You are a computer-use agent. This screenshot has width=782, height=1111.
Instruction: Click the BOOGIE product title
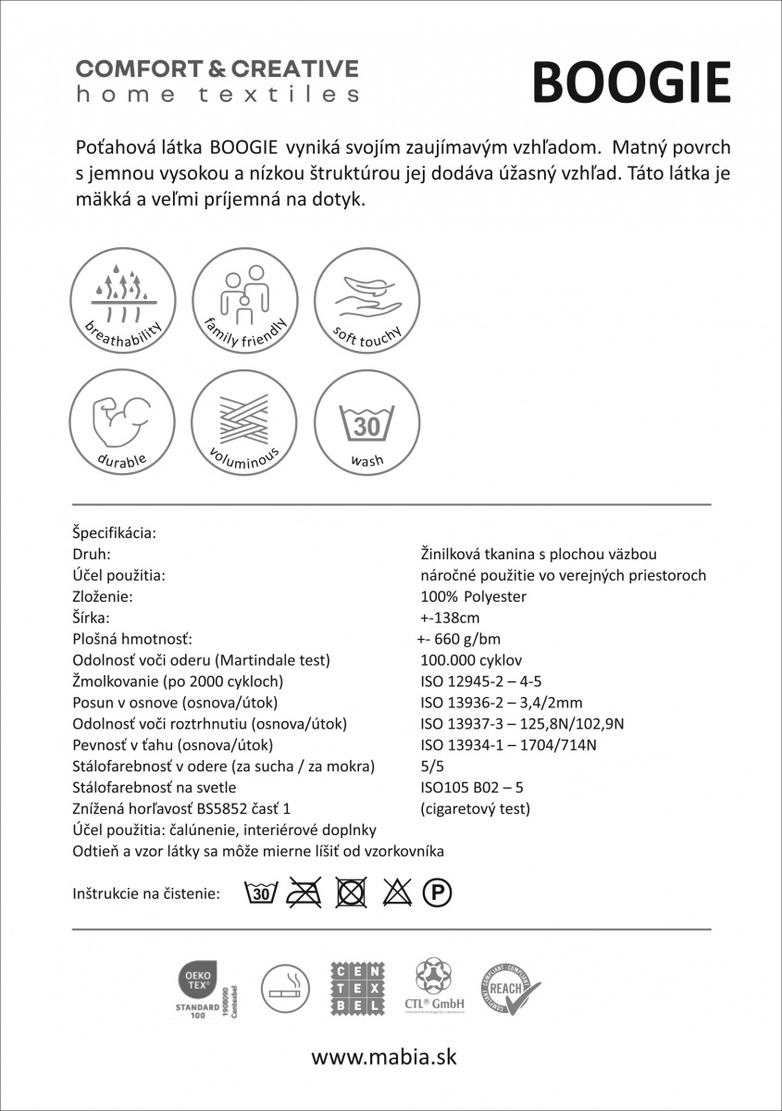pos(631,83)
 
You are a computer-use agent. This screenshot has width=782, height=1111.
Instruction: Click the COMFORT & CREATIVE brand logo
pos(217,81)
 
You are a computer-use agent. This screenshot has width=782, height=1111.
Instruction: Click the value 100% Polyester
pos(473,597)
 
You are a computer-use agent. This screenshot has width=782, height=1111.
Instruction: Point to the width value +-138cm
pos(450,618)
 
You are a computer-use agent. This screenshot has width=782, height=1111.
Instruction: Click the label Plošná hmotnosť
pos(131,640)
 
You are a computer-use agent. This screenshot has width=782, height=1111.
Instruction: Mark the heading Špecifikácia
pos(114,533)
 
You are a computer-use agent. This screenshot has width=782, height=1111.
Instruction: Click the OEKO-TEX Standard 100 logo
pos(203,989)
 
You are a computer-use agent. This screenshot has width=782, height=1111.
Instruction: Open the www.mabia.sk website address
pos(383,1057)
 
